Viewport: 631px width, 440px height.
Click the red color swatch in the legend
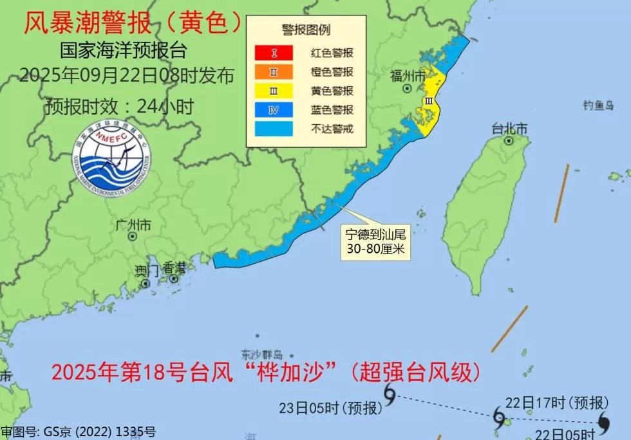273,53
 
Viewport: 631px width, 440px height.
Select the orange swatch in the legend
273,71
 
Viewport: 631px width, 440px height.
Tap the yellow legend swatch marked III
273,91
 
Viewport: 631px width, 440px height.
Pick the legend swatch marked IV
273,110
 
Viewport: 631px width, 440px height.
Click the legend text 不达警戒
332,129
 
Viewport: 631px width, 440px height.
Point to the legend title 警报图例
306,30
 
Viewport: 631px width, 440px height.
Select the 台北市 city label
509,128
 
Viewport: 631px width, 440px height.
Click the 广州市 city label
133,225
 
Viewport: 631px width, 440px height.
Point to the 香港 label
174,267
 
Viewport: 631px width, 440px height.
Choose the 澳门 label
147,269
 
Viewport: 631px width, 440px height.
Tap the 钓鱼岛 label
598,105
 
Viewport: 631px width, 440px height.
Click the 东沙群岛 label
262,354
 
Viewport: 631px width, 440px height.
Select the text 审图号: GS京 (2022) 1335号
78,432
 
